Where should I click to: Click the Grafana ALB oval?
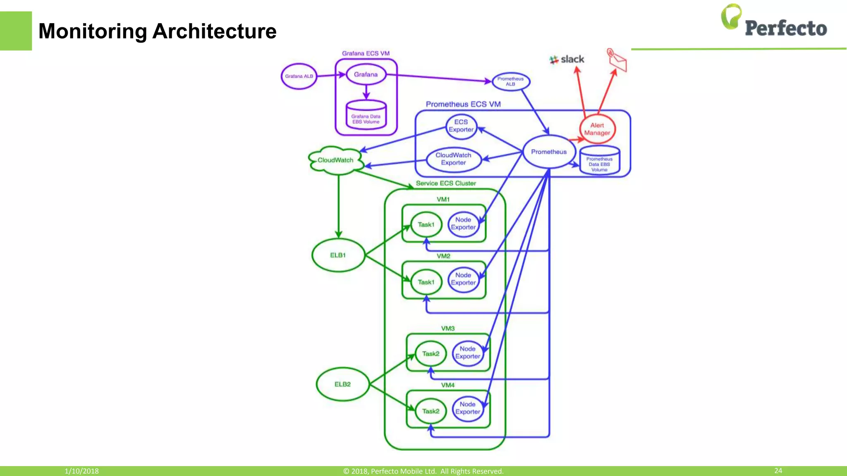coord(299,76)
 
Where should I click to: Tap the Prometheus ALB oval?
coord(511,81)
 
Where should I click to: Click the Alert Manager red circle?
coord(597,129)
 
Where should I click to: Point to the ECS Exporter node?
coord(461,126)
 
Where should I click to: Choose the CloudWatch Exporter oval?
coord(454,159)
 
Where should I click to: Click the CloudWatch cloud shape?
coord(335,160)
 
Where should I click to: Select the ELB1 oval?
coord(338,255)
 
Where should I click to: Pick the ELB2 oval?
coord(342,384)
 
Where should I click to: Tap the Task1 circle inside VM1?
coord(426,225)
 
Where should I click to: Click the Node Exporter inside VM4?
coord(467,408)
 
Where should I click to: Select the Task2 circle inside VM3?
coord(431,354)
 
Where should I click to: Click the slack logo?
coord(567,59)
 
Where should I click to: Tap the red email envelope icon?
coord(617,61)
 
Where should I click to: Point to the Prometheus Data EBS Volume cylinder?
coord(599,161)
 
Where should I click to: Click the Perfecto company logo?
coord(774,23)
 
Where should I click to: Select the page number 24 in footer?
coord(778,471)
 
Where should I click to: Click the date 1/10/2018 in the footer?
coord(81,471)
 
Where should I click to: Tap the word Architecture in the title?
coord(214,31)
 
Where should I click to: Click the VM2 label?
coord(443,256)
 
